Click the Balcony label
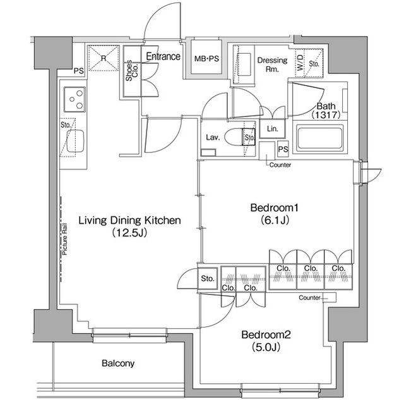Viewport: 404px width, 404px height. click(118, 364)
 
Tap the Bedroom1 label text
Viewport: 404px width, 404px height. click(275, 207)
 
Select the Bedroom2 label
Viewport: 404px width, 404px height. click(266, 335)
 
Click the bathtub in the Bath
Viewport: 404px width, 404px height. click(320, 138)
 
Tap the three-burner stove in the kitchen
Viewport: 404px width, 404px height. click(74, 99)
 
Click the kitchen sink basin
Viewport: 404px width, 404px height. click(75, 141)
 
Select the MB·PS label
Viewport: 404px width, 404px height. click(206, 59)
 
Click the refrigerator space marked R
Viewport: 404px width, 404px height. click(104, 58)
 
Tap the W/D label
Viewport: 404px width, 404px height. click(300, 63)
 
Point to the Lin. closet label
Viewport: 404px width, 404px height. click(272, 129)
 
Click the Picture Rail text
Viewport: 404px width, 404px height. click(64, 239)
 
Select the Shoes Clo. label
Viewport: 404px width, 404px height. click(132, 70)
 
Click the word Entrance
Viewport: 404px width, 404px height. click(163, 56)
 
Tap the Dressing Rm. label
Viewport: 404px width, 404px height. click(272, 64)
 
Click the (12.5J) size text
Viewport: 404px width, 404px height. click(129, 233)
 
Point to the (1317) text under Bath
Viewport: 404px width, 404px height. click(326, 115)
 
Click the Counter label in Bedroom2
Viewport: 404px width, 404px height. click(309, 298)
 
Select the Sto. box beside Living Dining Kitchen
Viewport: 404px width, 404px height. click(208, 279)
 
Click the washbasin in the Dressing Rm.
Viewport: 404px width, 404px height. click(244, 64)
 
